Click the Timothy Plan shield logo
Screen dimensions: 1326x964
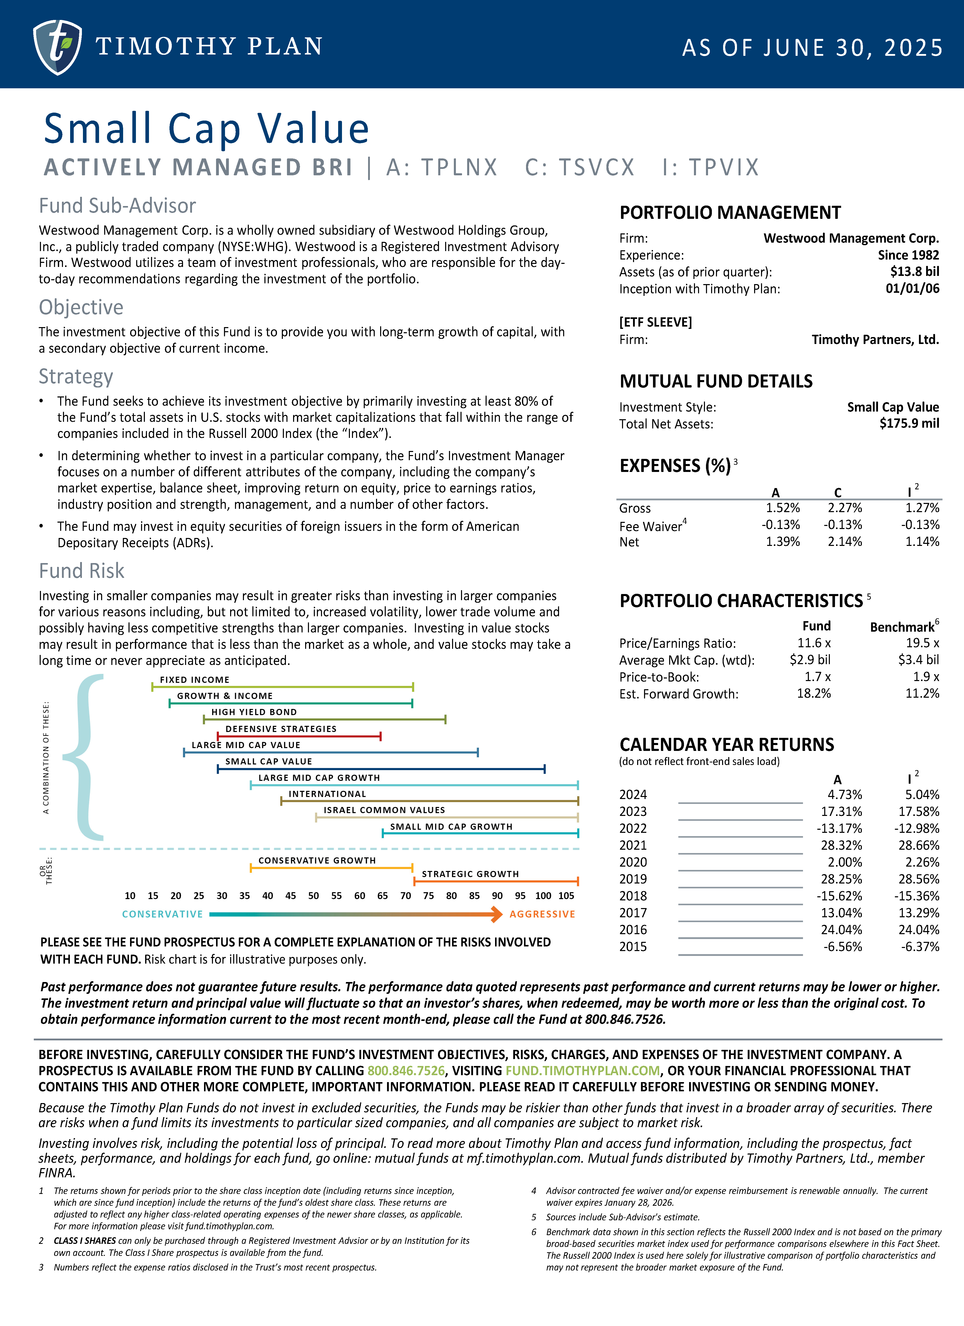(57, 47)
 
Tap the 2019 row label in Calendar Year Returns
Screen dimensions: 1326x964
(633, 879)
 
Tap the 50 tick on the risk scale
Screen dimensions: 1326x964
(313, 896)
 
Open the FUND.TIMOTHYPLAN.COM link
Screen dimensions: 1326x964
(582, 1071)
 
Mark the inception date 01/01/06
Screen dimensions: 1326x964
(912, 289)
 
